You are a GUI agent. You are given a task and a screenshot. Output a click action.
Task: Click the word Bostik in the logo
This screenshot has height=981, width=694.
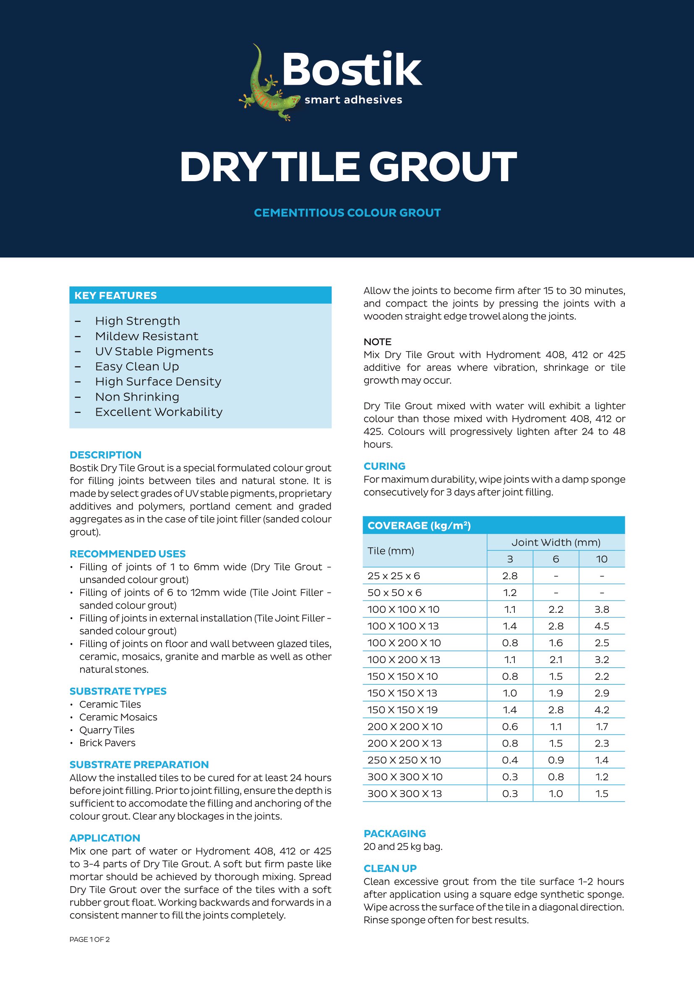[x=352, y=69]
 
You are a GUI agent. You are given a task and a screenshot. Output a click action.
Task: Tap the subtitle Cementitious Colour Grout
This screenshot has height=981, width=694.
[x=347, y=213]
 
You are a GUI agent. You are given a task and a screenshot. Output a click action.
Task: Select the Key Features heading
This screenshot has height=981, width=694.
[x=115, y=295]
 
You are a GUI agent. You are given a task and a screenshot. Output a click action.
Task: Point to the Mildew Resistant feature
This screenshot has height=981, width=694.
[x=146, y=336]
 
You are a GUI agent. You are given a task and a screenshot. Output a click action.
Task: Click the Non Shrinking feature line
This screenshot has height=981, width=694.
[x=137, y=397]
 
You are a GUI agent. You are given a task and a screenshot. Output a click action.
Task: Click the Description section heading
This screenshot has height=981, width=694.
[x=106, y=455]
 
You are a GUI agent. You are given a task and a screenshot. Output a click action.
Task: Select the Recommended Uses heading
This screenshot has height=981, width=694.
[x=128, y=554]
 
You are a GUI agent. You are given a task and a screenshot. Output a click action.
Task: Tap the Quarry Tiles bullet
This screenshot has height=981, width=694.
[x=107, y=730]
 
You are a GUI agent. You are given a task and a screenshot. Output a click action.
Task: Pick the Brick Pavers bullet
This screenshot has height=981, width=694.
[x=107, y=743]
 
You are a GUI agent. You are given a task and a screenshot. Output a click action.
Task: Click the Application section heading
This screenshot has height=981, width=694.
[x=105, y=838]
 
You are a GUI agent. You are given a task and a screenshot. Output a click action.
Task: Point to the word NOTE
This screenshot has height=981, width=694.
[x=377, y=342]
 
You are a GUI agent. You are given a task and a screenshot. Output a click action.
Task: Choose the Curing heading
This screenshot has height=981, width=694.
[x=384, y=466]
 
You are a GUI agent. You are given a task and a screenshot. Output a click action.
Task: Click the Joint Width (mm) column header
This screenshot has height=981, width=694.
[x=556, y=542]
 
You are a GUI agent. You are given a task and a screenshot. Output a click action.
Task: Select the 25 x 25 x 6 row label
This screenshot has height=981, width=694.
[x=394, y=576]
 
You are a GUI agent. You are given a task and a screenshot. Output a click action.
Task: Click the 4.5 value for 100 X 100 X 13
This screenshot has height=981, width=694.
[x=602, y=626]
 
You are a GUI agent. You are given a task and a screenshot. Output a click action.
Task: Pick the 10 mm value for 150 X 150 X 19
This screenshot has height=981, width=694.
[x=602, y=710]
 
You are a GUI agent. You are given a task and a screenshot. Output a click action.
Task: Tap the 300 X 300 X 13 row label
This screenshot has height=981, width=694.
[x=404, y=794]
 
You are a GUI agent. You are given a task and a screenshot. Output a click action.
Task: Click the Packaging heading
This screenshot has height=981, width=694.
[x=394, y=833]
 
